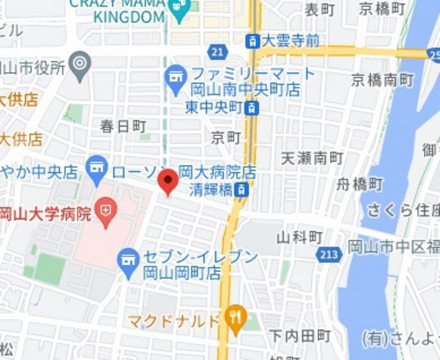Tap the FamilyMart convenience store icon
(x=175, y=77)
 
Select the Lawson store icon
(x=97, y=167)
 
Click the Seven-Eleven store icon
(x=128, y=262)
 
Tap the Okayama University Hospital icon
(x=105, y=210)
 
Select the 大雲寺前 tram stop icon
(x=252, y=41)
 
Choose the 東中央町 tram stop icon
(x=251, y=107)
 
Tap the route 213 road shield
(x=330, y=254)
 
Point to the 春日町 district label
(x=123, y=126)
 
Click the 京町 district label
(x=226, y=137)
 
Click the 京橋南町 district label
(x=382, y=80)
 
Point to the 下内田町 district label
(x=300, y=336)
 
